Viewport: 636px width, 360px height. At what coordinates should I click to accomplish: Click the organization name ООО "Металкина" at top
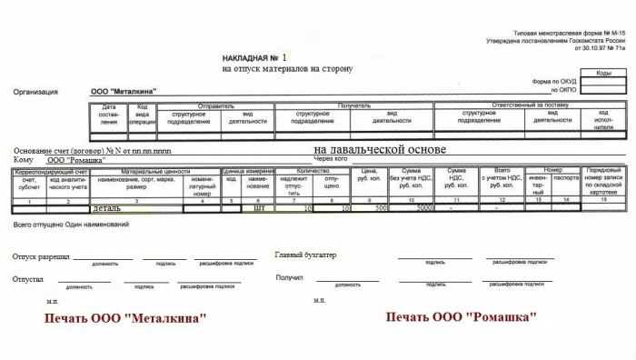point(124,92)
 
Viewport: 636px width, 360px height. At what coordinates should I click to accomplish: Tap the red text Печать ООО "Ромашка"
point(461,317)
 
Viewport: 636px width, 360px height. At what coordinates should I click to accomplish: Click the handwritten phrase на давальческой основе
point(380,149)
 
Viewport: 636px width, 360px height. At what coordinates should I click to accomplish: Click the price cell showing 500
point(374,208)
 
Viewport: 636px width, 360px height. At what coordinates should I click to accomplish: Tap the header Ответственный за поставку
point(532,105)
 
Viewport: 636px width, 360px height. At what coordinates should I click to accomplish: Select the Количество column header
point(313,171)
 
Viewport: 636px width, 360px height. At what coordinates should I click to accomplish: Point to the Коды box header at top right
point(602,73)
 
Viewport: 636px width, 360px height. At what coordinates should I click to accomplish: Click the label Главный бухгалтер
point(305,255)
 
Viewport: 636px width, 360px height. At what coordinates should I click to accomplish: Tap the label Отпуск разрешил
point(41,257)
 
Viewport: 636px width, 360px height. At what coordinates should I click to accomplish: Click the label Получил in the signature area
point(289,277)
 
